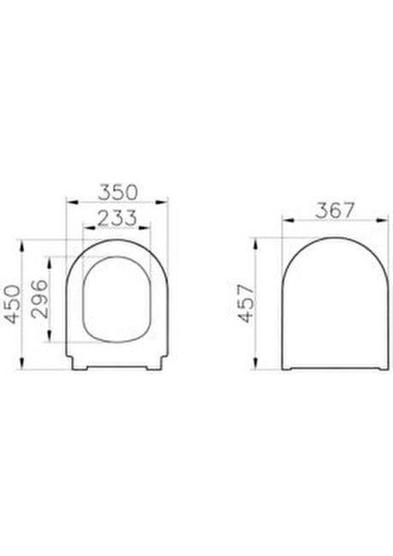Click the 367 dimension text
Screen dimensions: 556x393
(334, 210)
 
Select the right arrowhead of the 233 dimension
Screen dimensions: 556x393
(150, 228)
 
